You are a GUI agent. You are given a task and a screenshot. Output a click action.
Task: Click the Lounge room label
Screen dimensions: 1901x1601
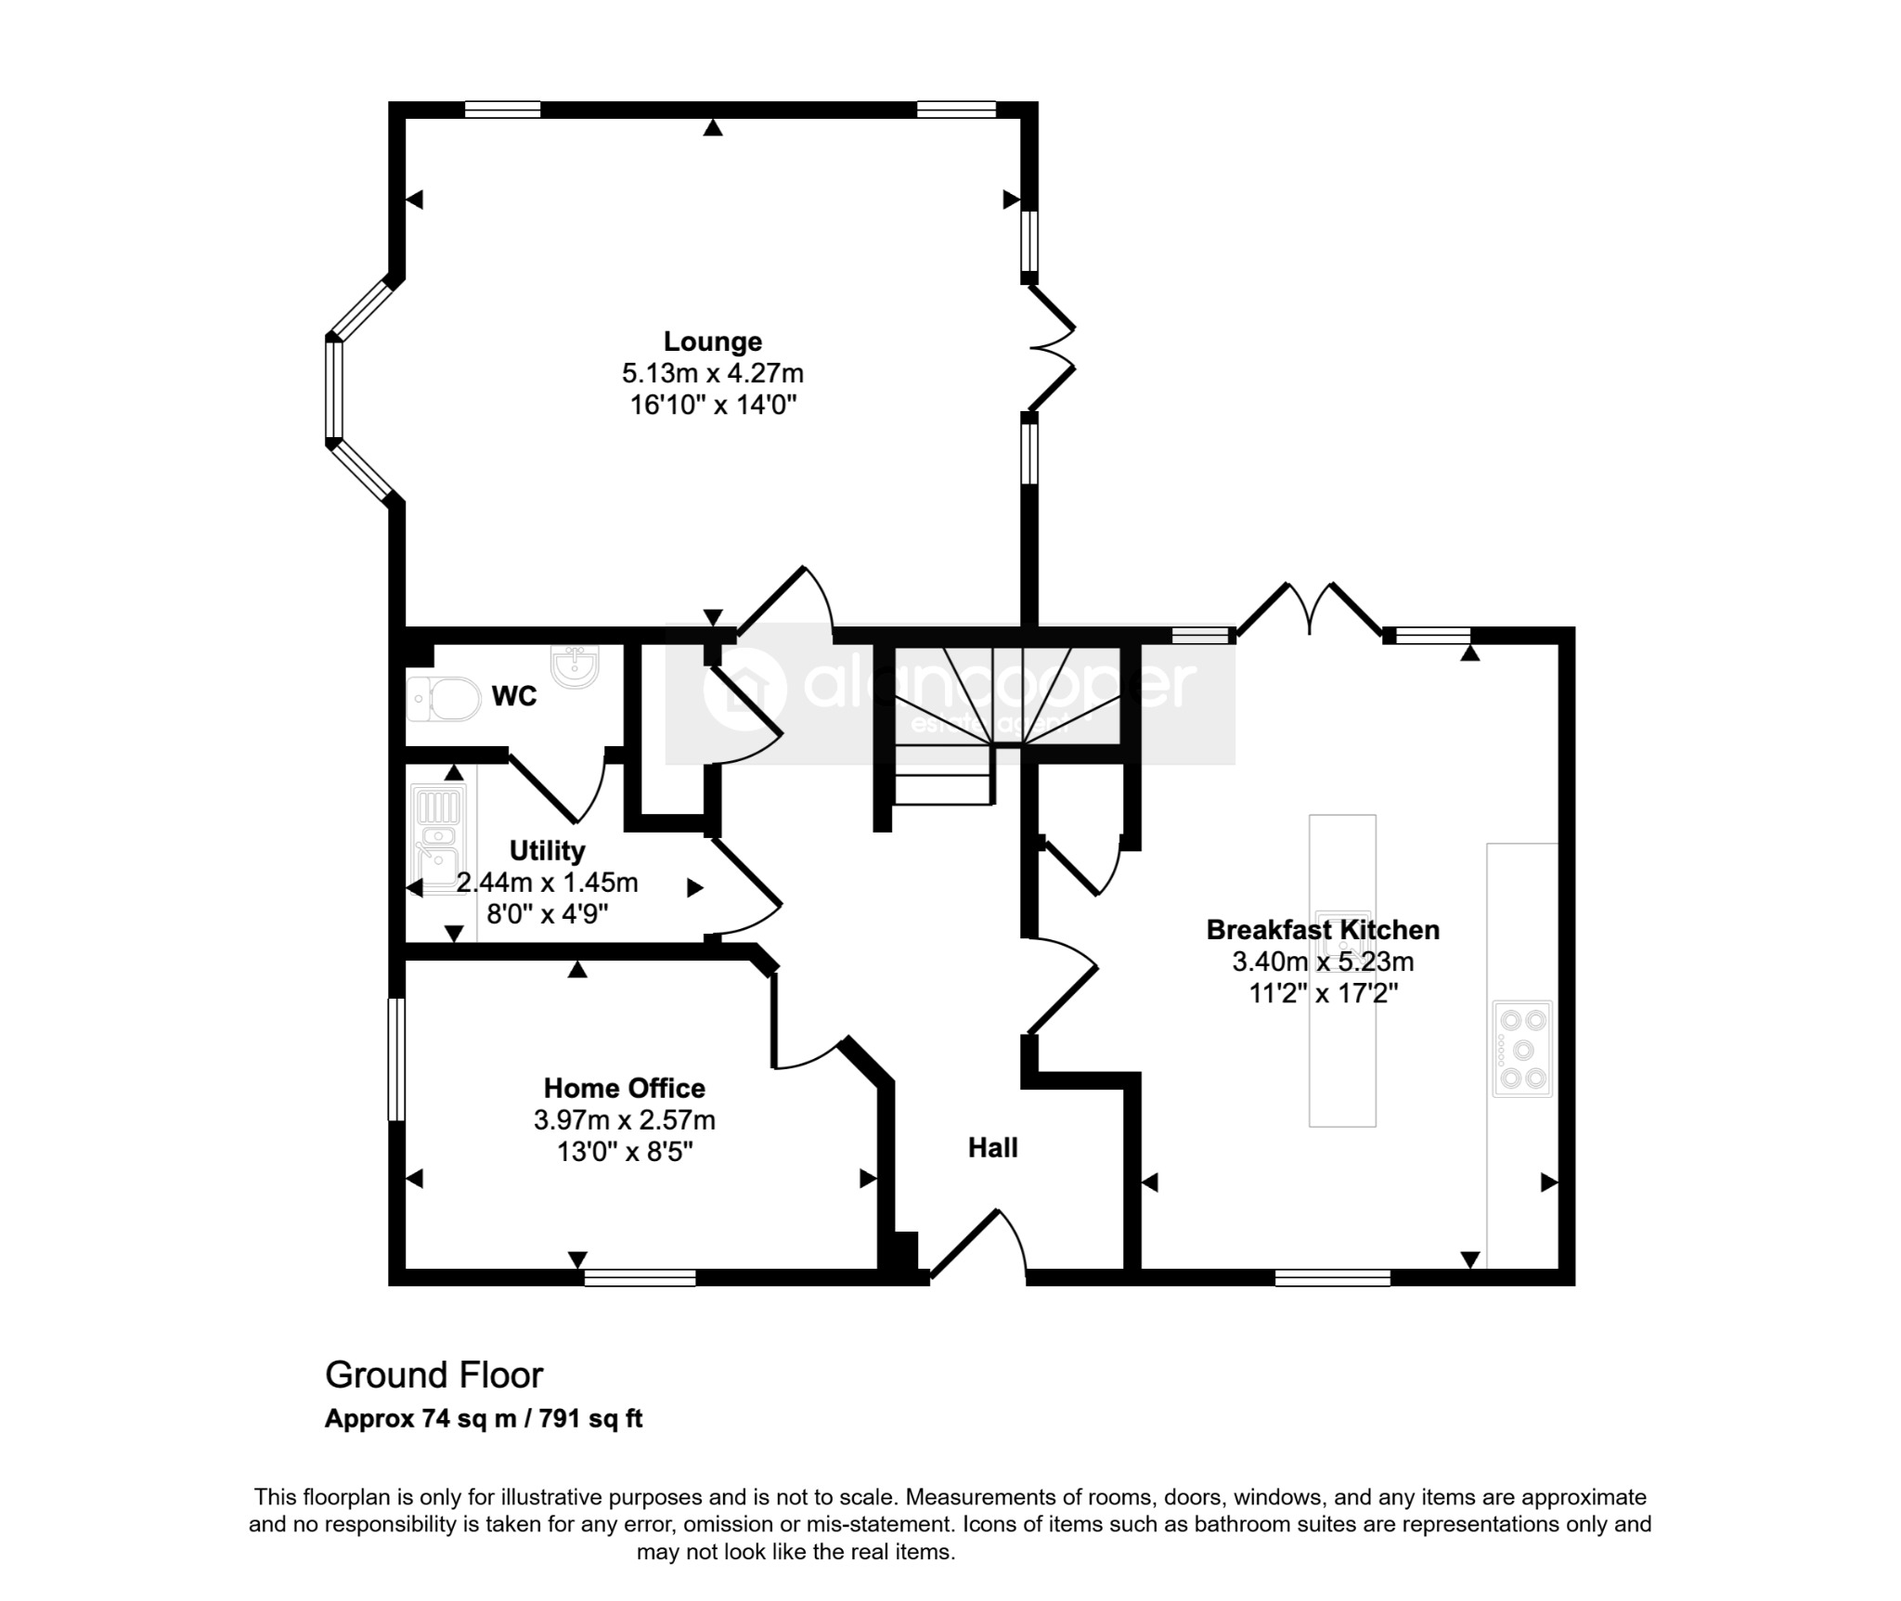pyautogui.click(x=712, y=342)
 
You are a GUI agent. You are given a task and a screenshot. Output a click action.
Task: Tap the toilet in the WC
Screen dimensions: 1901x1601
pyautogui.click(x=444, y=698)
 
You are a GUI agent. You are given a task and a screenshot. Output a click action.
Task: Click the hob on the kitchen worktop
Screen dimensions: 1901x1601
pyautogui.click(x=1522, y=1049)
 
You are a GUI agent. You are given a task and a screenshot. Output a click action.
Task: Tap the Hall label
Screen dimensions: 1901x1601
pyautogui.click(x=992, y=1148)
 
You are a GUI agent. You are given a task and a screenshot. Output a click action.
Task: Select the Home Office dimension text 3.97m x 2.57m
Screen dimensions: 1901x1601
pyautogui.click(x=625, y=1120)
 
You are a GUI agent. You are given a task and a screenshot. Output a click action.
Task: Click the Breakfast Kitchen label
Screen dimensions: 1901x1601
pyautogui.click(x=1323, y=929)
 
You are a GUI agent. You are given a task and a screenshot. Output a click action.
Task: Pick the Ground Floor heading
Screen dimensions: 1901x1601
pyautogui.click(x=433, y=1375)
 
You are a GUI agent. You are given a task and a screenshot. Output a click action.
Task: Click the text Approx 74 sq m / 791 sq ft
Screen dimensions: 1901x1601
pyautogui.click(x=484, y=1419)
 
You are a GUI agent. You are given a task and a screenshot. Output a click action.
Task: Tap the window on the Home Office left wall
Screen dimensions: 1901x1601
pyautogui.click(x=396, y=1059)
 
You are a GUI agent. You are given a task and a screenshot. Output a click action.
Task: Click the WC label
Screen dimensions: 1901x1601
pyautogui.click(x=514, y=696)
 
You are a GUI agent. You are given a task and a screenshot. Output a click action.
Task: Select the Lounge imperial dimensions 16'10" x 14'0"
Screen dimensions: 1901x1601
pyautogui.click(x=712, y=405)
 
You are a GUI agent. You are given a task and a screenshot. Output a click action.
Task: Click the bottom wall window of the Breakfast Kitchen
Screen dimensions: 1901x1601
pyautogui.click(x=1333, y=1277)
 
